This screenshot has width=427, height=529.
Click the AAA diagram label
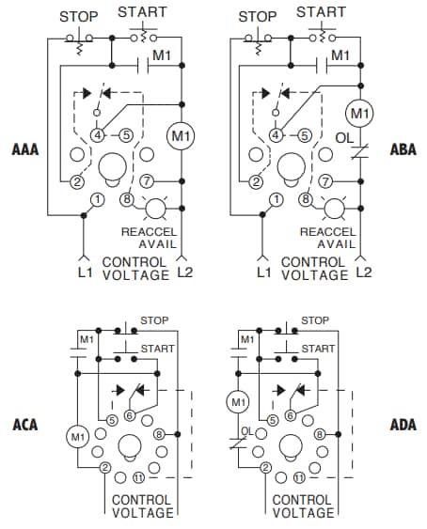click(x=25, y=148)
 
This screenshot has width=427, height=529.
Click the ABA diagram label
click(x=403, y=148)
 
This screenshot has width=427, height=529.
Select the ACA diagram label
click(x=25, y=425)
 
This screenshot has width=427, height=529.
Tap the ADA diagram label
click(x=403, y=425)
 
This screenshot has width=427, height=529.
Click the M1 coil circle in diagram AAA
click(x=181, y=137)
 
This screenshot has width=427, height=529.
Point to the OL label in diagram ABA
click(x=344, y=137)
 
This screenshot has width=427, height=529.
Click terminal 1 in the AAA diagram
click(x=97, y=199)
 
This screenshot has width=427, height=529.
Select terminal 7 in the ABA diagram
click(x=325, y=180)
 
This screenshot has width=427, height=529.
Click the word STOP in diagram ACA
click(x=154, y=320)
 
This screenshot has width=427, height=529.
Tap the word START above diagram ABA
click(x=320, y=12)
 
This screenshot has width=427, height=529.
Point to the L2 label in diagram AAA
click(x=185, y=274)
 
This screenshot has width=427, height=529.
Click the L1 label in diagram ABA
click(x=264, y=273)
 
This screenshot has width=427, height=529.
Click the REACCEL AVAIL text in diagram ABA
click(x=331, y=237)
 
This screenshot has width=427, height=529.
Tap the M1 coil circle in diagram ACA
click(x=76, y=436)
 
